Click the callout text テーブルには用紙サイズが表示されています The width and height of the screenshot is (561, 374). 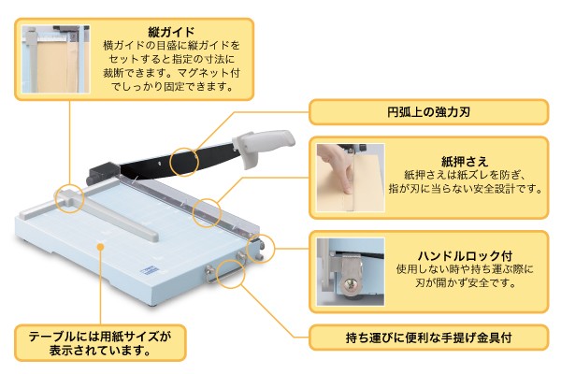[100, 342]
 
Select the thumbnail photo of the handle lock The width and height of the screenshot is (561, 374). [350, 271]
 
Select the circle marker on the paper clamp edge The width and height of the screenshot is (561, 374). [208, 211]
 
